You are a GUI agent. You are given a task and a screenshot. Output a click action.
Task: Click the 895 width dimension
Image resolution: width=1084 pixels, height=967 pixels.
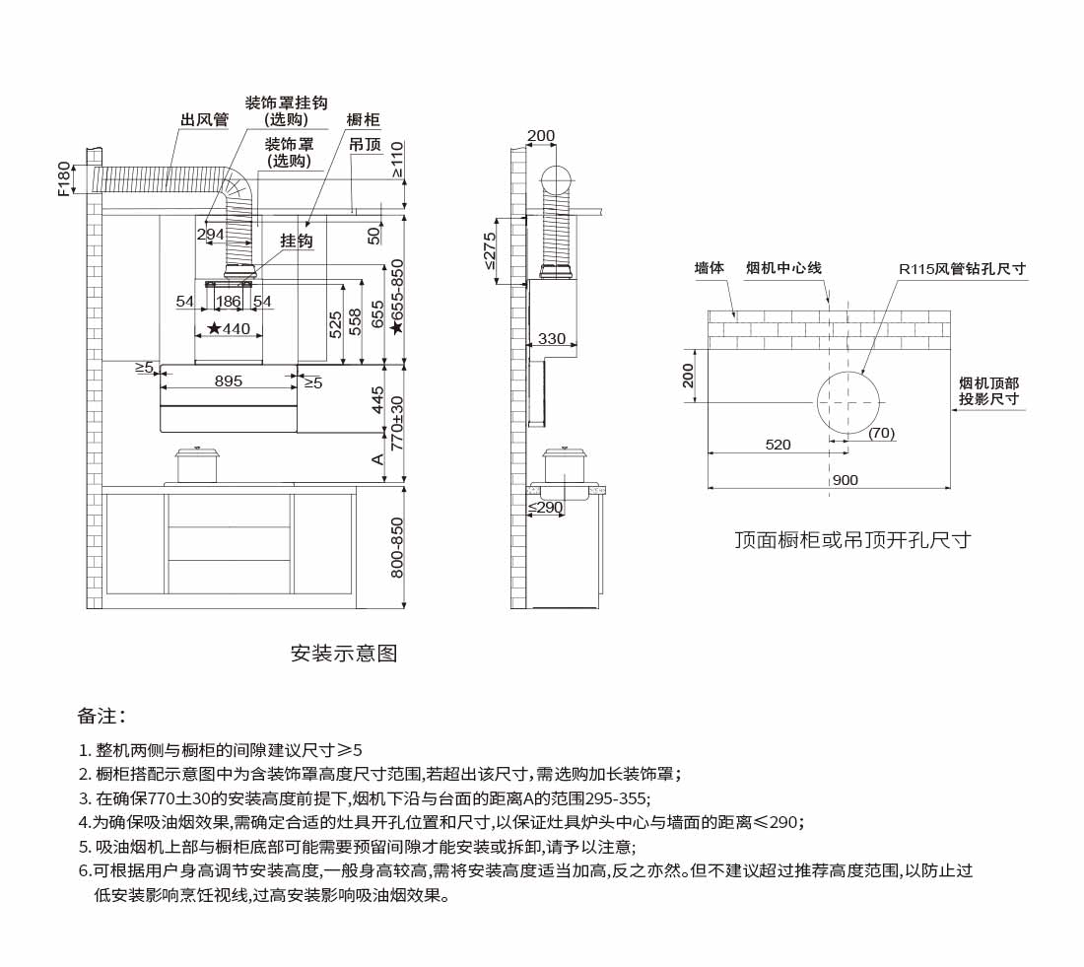(229, 381)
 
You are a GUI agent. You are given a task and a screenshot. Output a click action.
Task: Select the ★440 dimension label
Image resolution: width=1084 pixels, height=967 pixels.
(229, 329)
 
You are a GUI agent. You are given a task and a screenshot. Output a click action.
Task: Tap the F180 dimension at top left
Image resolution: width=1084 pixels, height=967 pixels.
(65, 179)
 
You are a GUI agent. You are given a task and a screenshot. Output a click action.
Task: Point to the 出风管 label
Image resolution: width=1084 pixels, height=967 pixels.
(204, 120)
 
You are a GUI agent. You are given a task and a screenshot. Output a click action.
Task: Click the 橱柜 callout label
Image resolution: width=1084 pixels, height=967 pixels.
(364, 120)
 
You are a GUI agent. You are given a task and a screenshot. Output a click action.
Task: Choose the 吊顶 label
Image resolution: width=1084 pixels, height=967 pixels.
(366, 144)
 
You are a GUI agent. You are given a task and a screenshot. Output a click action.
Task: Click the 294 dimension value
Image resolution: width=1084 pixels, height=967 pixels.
(210, 235)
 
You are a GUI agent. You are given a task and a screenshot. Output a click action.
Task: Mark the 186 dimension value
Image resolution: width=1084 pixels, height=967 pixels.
(228, 302)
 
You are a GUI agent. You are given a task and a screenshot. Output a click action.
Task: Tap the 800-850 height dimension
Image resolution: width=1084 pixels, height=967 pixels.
(397, 548)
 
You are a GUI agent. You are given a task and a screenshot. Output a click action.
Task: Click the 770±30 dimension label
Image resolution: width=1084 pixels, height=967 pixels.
(397, 421)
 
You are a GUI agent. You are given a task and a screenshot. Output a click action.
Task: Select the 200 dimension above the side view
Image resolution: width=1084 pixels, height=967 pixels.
(541, 136)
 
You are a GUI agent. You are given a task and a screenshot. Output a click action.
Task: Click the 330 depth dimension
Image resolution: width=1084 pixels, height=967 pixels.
(552, 339)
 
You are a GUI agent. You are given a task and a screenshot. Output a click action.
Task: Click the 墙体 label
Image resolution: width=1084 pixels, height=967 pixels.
(710, 268)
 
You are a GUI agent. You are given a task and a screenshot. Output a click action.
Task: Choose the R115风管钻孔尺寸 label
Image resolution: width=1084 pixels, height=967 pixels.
(962, 268)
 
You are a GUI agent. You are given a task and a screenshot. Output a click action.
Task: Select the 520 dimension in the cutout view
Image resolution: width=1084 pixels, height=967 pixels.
(779, 445)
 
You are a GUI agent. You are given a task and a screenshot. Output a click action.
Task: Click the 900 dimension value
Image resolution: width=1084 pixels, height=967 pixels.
(845, 480)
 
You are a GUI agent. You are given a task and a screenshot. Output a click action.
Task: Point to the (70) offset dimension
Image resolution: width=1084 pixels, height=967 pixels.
(882, 433)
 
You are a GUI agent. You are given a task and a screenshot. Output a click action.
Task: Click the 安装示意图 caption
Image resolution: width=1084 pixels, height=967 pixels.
(344, 654)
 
